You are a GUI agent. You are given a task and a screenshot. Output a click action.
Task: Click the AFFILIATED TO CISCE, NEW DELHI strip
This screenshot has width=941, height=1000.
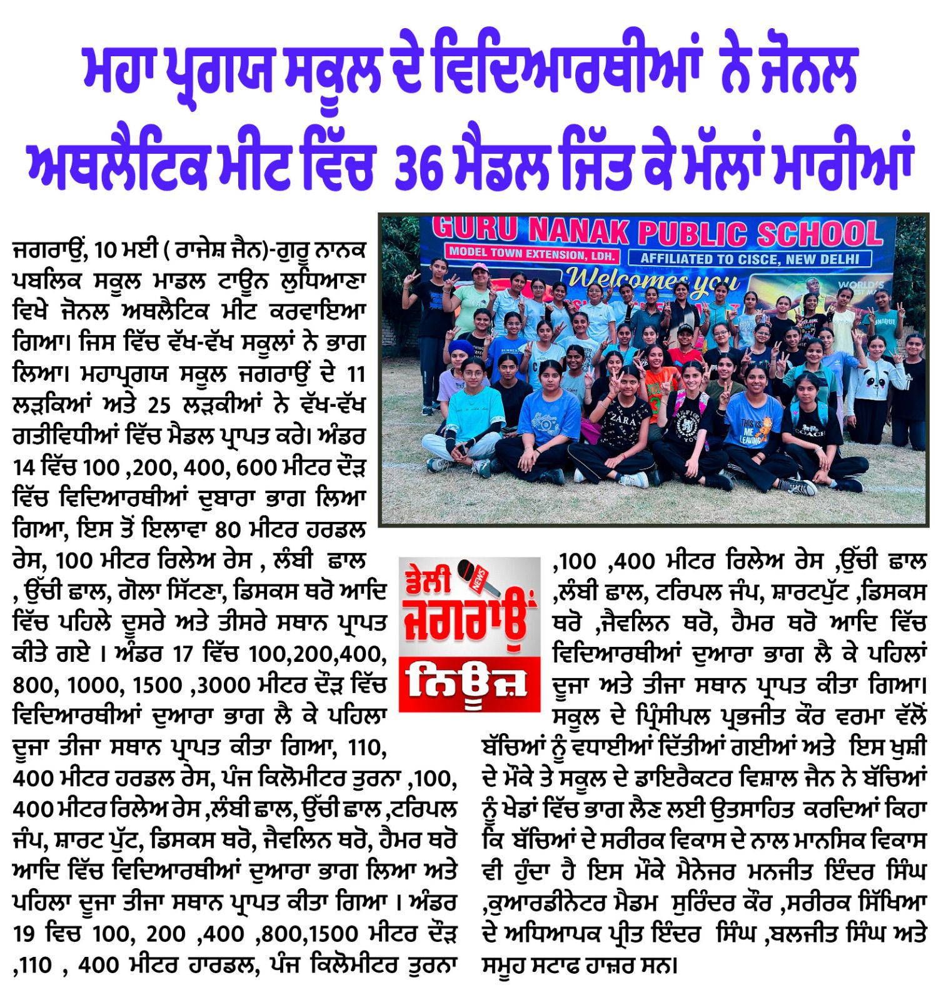pyautogui.click(x=750, y=258)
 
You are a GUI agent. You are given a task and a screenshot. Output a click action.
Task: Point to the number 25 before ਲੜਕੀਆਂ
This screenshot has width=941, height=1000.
pyautogui.click(x=159, y=406)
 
